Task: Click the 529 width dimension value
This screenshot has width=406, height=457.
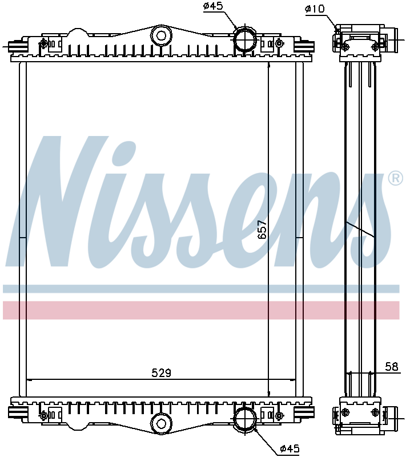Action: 162,373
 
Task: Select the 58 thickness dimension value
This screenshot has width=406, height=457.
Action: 391,367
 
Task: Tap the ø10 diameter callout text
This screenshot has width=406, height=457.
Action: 315,9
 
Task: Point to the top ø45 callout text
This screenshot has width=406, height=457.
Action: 213,7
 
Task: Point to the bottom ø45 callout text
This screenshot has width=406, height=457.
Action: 290,450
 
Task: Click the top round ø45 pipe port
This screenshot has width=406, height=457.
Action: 245,39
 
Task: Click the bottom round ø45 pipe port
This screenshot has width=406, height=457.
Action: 245,418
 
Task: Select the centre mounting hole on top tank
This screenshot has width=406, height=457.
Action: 162,36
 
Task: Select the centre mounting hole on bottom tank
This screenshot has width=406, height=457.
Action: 160,423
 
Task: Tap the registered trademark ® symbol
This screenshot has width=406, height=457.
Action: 395,179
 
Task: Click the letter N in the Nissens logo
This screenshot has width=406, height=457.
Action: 63,200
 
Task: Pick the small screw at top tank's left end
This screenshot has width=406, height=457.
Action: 44,43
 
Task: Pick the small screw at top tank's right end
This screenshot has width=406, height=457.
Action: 279,43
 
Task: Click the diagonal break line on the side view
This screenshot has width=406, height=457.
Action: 360,229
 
